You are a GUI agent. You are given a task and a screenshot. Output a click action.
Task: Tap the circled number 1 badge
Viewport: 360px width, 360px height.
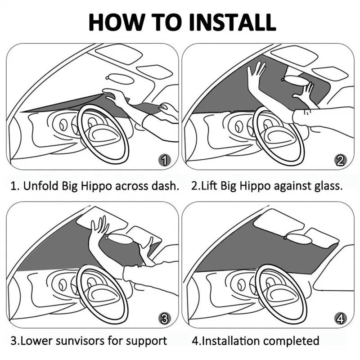pos(166,160)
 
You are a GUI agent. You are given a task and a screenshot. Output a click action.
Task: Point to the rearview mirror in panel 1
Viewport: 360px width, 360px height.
pos(119,79)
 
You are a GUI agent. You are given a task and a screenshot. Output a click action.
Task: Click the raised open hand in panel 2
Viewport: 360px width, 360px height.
pos(256,74)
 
